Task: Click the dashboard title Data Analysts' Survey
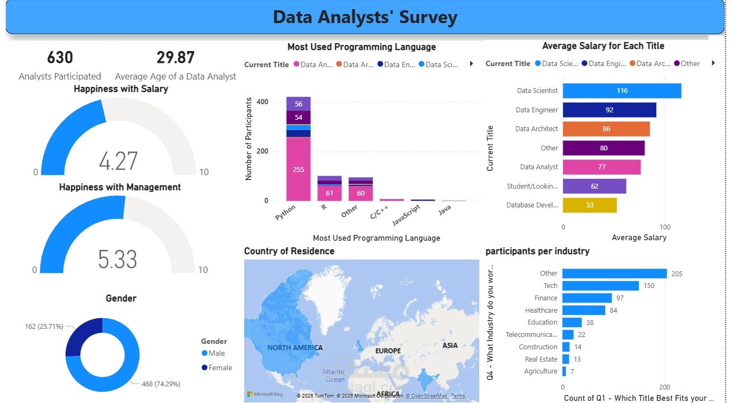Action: pyautogui.click(x=365, y=17)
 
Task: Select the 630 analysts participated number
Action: pyautogui.click(x=60, y=57)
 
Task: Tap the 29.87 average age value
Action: pyautogui.click(x=175, y=57)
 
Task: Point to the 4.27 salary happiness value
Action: pyautogui.click(x=118, y=161)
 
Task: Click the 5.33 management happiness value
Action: pyautogui.click(x=117, y=260)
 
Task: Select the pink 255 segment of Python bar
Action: pyautogui.click(x=298, y=169)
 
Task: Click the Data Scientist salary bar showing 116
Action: pyautogui.click(x=622, y=91)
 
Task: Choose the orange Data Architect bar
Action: pyautogui.click(x=606, y=129)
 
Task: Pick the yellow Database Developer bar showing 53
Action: pyautogui.click(x=590, y=205)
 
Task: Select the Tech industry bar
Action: pyautogui.click(x=600, y=286)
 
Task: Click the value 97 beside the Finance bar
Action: pyautogui.click(x=620, y=298)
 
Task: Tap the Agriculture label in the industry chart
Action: pyautogui.click(x=541, y=371)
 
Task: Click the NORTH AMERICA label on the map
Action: pyautogui.click(x=295, y=348)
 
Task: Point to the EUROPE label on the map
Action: pyautogui.click(x=388, y=351)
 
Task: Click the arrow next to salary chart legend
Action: pyautogui.click(x=713, y=63)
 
